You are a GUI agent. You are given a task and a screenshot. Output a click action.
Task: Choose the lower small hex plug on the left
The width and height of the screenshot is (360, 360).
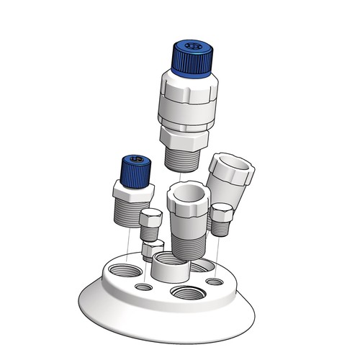click(x=152, y=251)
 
